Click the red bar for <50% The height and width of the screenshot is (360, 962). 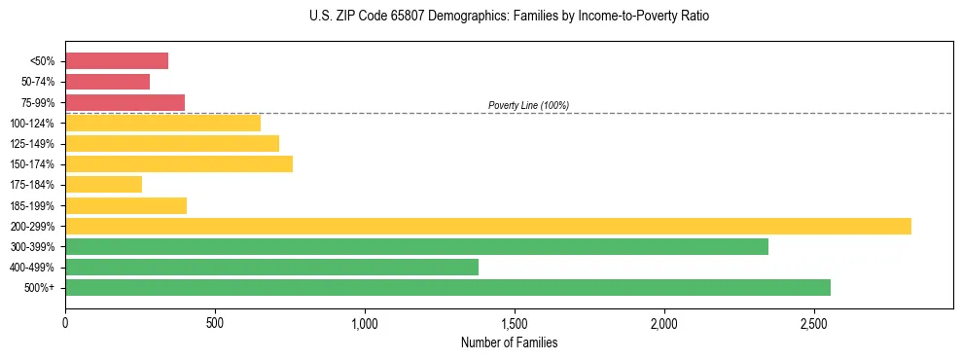pyautogui.click(x=117, y=61)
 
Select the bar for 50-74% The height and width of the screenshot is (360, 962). pyautogui.click(x=107, y=82)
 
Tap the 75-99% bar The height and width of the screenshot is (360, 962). pyautogui.click(x=125, y=102)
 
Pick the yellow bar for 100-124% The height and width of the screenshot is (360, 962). pyautogui.click(x=162, y=123)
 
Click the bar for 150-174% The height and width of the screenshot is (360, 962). pyautogui.click(x=179, y=163)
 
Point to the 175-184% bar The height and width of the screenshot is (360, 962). pyautogui.click(x=103, y=184)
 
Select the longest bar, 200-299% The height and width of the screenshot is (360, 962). pyautogui.click(x=487, y=226)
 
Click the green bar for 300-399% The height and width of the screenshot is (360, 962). pyautogui.click(x=416, y=246)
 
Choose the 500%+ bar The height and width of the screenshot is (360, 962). pyautogui.click(x=447, y=287)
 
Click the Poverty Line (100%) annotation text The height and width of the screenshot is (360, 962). pyautogui.click(x=528, y=105)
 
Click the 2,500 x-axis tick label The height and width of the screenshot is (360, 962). pyautogui.click(x=814, y=322)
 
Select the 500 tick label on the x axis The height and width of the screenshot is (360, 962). pyautogui.click(x=215, y=322)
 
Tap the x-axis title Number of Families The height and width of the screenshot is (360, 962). pyautogui.click(x=509, y=342)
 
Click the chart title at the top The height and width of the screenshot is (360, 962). pyautogui.click(x=509, y=17)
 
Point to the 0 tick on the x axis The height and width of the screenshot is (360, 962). pyautogui.click(x=65, y=322)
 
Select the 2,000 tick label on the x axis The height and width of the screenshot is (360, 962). pyautogui.click(x=664, y=322)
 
